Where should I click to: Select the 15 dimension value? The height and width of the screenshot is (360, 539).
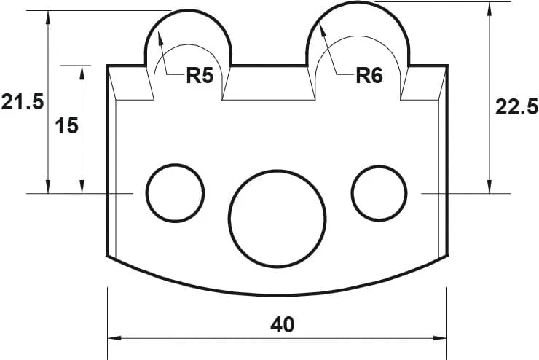tap(66, 125)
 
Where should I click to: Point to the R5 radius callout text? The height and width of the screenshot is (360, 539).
tap(199, 76)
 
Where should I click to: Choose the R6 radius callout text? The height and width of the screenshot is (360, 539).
tap(369, 76)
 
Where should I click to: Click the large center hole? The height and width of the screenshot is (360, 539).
tap(277, 218)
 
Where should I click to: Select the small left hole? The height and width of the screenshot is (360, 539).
tap(175, 193)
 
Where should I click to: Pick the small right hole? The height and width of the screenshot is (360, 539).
tap(379, 192)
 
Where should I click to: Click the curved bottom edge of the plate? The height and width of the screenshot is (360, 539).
tap(277, 295)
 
